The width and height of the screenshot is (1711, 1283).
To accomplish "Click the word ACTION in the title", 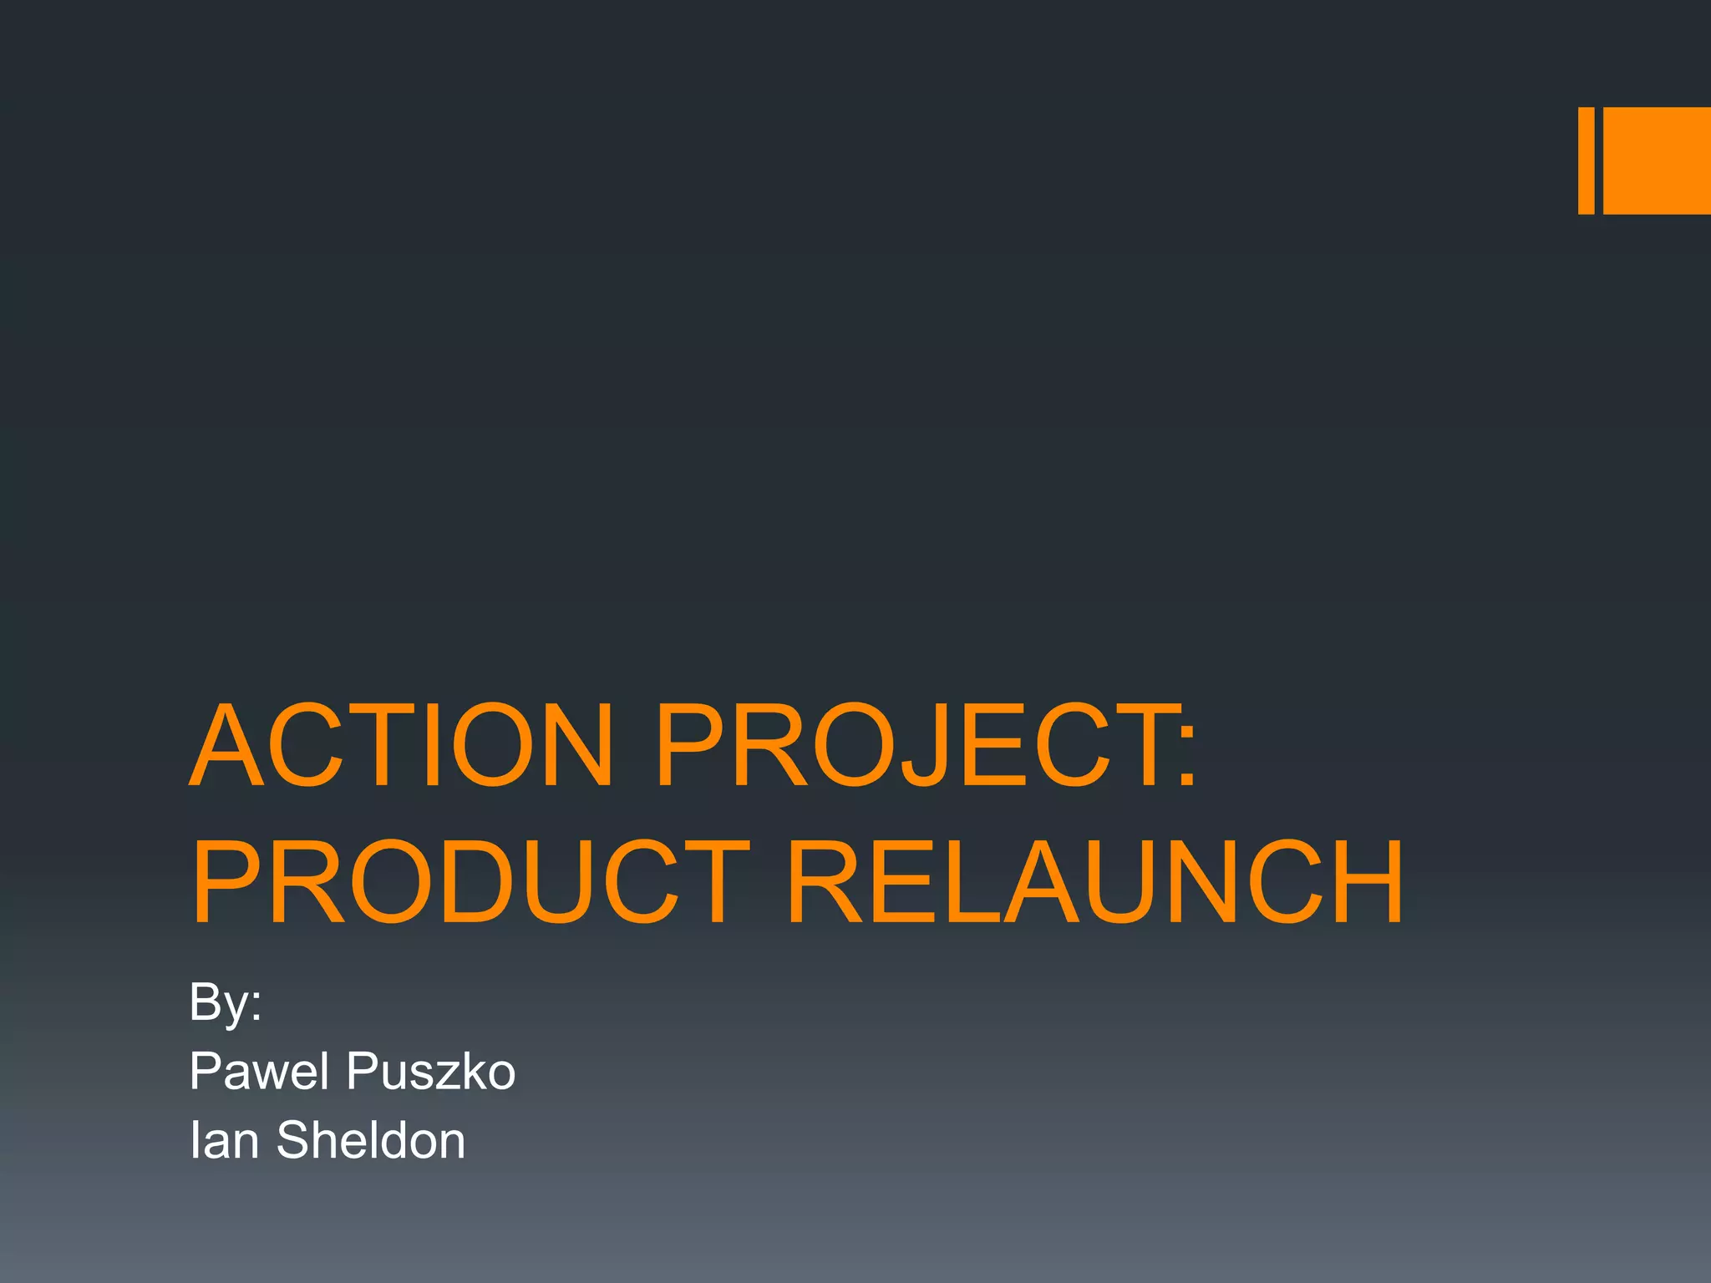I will pos(401,745).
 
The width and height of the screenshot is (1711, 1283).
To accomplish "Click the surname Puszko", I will pos(431,1071).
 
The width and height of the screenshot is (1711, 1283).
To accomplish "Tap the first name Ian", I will pos(224,1140).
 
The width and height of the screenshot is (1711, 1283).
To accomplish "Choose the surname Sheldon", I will pos(370,1140).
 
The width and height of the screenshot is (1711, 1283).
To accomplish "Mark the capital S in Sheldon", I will pos(294,1140).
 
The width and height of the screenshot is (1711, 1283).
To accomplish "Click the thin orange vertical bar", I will pos(1586,160).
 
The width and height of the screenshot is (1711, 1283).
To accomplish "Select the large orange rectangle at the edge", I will pos(1657,160).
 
